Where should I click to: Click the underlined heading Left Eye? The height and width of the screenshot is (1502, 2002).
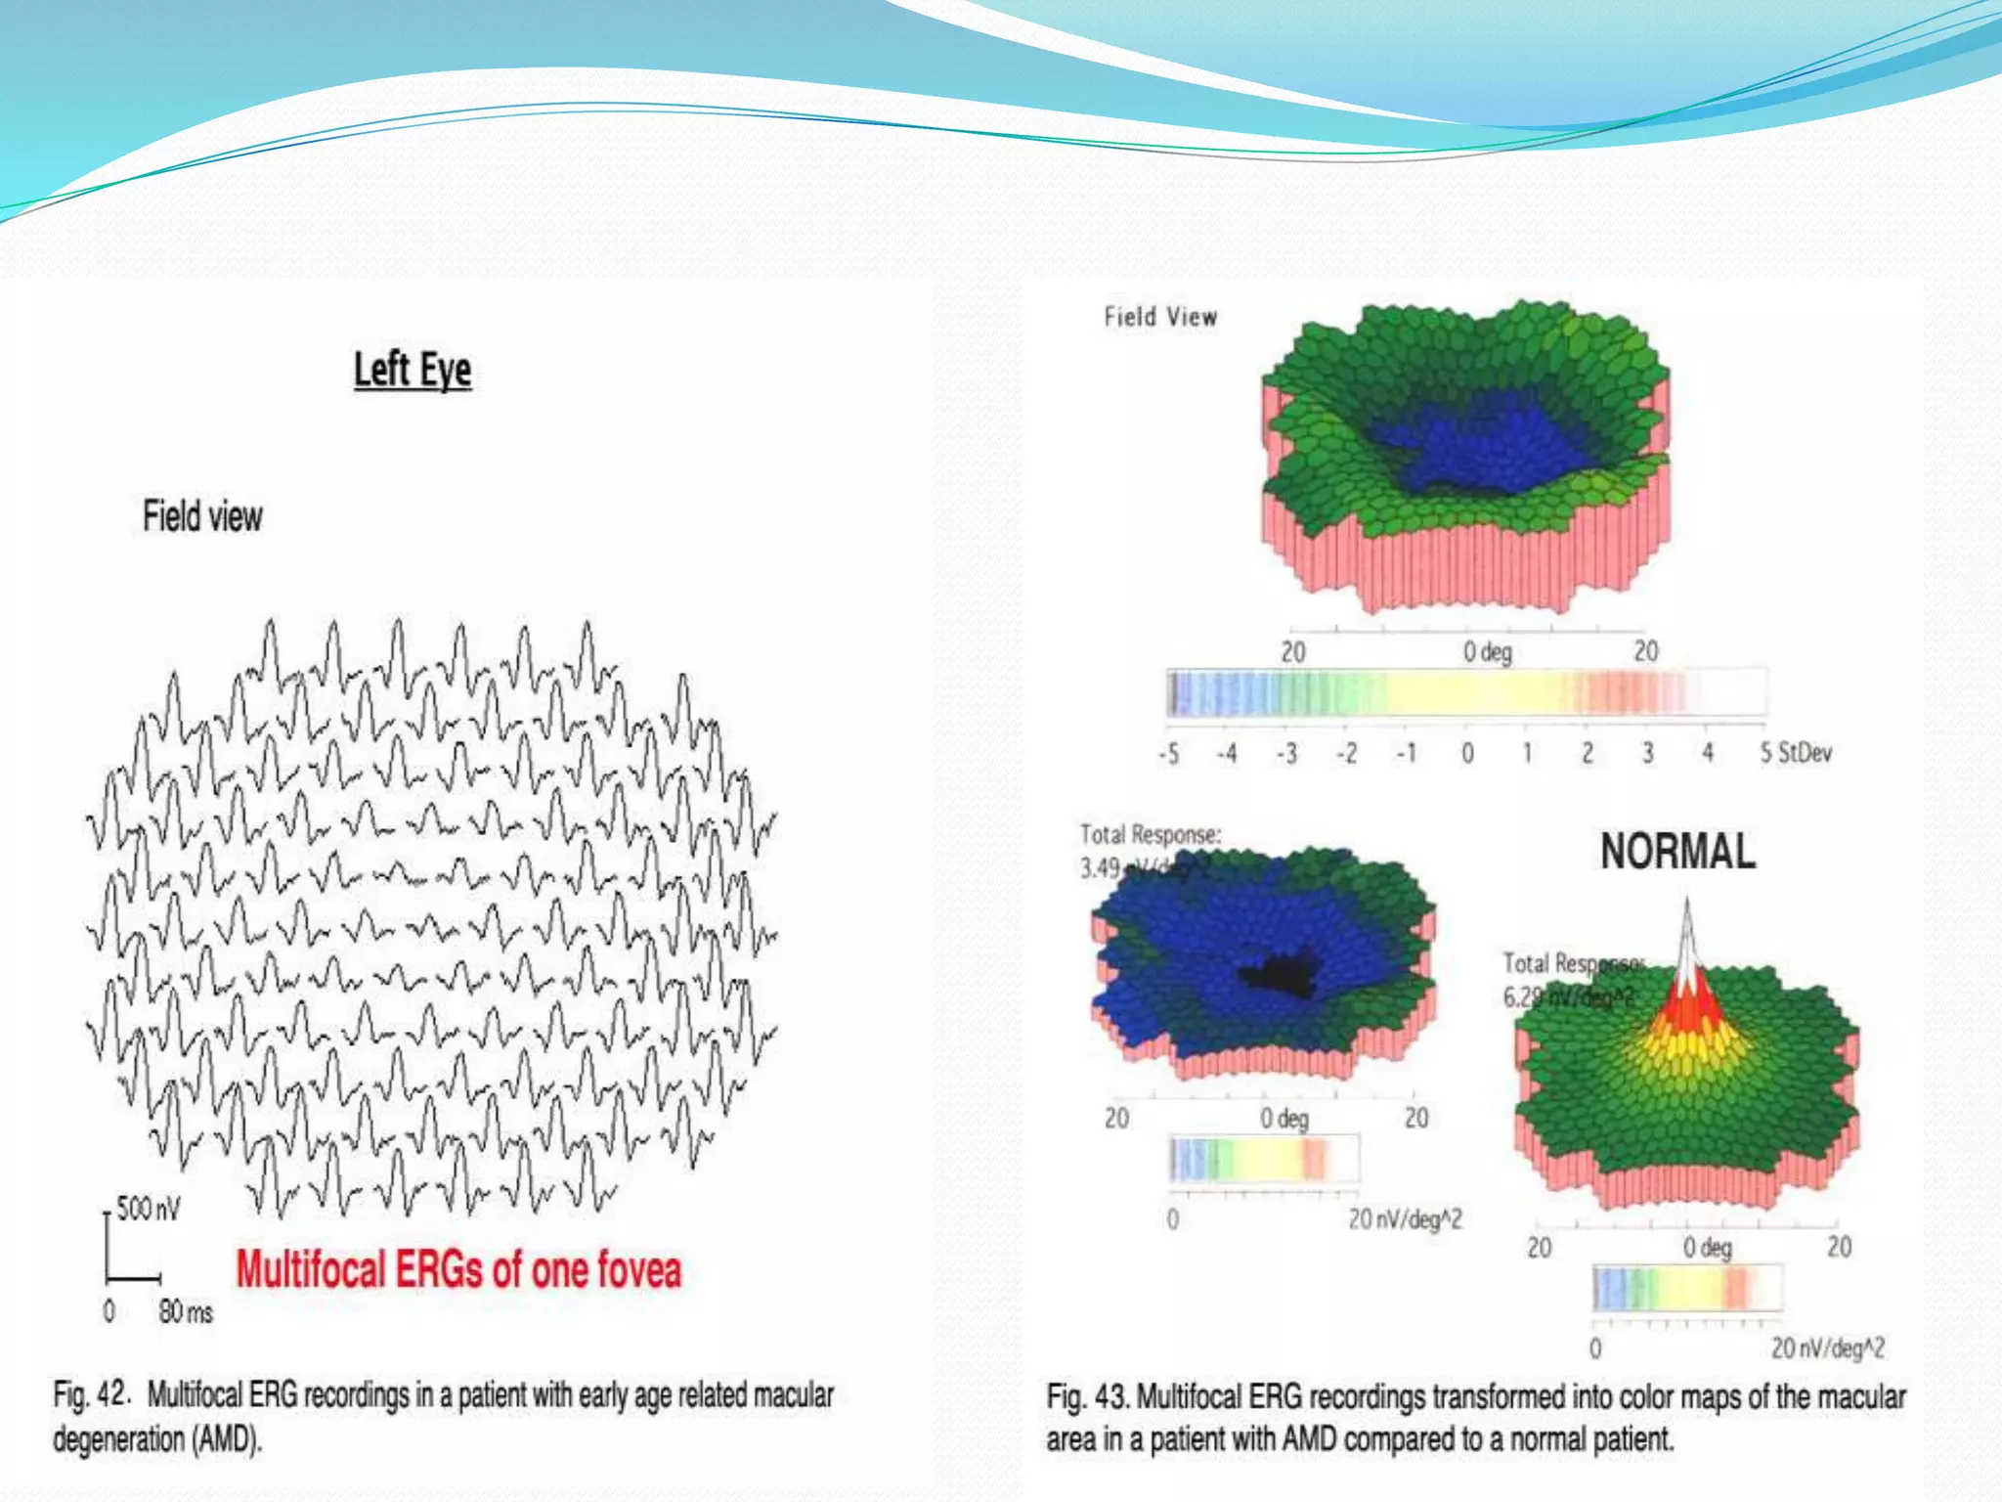pos(413,370)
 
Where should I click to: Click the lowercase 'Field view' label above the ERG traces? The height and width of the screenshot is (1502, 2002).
pos(202,516)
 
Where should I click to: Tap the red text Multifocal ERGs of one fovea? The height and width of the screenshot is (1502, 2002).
pos(457,1269)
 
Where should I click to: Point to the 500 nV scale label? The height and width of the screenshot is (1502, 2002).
pos(148,1209)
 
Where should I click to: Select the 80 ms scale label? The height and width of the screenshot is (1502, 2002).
pos(186,1311)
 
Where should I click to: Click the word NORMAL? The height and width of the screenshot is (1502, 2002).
pos(1677,851)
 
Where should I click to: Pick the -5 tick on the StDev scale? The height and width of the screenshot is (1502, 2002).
pos(1168,753)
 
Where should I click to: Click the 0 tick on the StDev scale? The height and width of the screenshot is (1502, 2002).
pos(1467,753)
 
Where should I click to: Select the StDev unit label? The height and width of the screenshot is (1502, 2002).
pos(1805,753)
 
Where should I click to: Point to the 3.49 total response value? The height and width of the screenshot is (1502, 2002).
pos(1101,867)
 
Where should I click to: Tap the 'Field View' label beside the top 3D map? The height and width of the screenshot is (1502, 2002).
pos(1160,317)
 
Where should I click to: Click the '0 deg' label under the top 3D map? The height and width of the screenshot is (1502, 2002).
pos(1487,651)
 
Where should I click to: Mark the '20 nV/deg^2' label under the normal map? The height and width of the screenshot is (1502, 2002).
pos(1827,1348)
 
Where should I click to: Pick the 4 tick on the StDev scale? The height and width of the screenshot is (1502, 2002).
pos(1708,753)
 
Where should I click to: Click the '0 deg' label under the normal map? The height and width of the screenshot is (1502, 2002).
pos(1707,1248)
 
